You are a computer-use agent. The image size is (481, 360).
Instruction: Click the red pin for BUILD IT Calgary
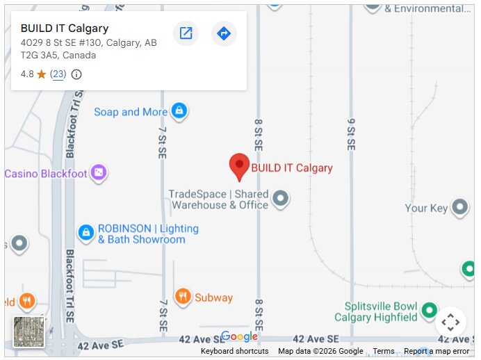click(239, 165)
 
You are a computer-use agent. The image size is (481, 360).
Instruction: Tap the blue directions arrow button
click(224, 33)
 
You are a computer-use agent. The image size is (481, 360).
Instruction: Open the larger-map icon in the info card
click(186, 33)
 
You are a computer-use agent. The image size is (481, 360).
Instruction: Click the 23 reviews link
click(58, 74)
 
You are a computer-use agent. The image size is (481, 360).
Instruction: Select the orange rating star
click(42, 74)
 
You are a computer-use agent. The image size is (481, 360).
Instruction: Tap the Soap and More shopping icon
click(179, 111)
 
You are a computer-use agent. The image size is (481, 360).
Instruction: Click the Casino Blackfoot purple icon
click(99, 173)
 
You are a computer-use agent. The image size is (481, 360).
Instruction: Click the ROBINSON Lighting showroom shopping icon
click(85, 233)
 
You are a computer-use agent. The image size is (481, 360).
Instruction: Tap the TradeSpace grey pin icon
click(280, 199)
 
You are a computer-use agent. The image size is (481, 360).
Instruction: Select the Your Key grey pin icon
click(459, 207)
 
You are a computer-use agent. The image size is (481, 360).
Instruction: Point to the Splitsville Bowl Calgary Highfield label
click(376, 312)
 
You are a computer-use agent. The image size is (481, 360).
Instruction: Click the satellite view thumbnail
click(28, 332)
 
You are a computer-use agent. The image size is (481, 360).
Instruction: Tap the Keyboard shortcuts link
click(234, 352)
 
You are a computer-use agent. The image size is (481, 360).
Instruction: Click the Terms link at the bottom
click(384, 352)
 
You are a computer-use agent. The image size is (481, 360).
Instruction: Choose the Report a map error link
click(437, 352)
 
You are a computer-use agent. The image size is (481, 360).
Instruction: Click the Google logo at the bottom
click(240, 337)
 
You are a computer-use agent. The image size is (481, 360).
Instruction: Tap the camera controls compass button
click(450, 322)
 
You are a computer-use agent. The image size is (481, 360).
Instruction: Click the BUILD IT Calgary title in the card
click(65, 28)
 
